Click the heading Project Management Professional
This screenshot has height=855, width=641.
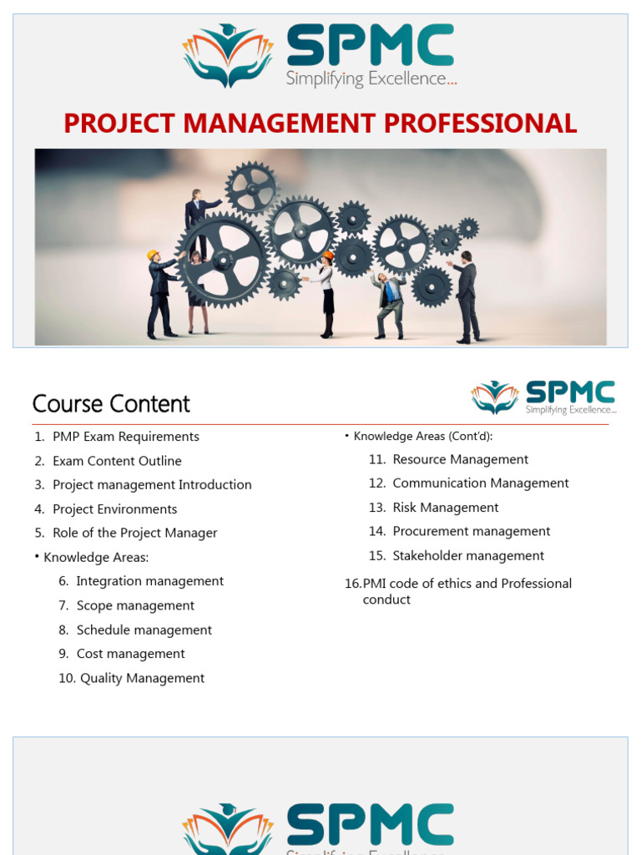[x=320, y=124]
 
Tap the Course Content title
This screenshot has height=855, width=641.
[x=111, y=404]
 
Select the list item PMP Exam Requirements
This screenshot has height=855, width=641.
[x=125, y=437]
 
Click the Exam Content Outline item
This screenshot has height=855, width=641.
[x=117, y=461]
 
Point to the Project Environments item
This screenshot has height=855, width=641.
[x=114, y=509]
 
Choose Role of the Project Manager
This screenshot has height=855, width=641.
[x=134, y=533]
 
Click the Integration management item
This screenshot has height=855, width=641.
[x=149, y=581]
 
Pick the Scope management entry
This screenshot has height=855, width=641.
[x=135, y=605]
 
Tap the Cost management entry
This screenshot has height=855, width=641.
[x=130, y=654]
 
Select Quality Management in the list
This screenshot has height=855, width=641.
[x=142, y=678]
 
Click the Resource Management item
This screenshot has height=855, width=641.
[x=460, y=459]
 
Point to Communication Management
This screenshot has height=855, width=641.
[x=480, y=483]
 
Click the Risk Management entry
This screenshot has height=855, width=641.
[x=445, y=508]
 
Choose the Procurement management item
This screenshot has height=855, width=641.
[x=471, y=531]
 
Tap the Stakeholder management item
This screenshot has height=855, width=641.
[x=467, y=555]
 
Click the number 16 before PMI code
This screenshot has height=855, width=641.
[x=352, y=584]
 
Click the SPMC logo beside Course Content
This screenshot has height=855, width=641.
[x=543, y=397]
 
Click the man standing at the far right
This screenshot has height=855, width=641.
[x=467, y=296]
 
